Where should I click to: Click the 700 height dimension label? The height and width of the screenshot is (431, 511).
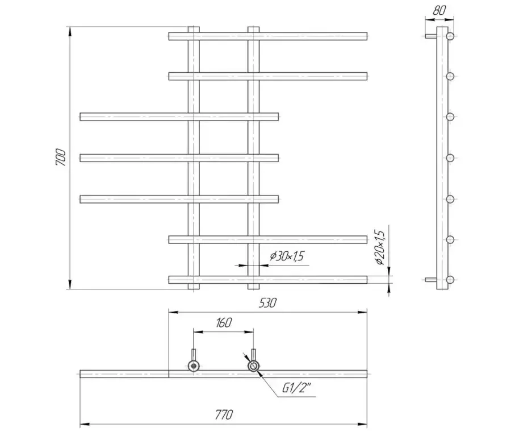point(61,158)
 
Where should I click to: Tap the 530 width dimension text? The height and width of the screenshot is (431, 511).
point(267,302)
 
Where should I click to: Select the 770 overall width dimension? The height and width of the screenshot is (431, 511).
point(224,415)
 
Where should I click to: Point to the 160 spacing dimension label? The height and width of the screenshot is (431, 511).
point(224,322)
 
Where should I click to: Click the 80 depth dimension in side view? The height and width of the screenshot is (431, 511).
point(439,10)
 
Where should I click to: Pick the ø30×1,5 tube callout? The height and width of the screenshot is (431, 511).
point(287,256)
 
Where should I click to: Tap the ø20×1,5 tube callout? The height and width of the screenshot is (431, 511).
point(380,247)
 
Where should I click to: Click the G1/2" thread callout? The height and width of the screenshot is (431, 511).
point(296,388)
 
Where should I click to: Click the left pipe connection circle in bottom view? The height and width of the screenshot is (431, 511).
point(194,366)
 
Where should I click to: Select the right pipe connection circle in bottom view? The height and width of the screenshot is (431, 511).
point(253,366)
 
